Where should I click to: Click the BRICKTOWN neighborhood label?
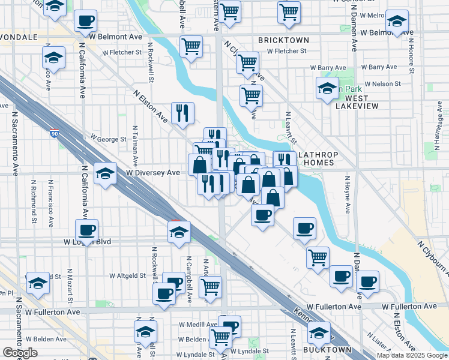click(x=283, y=40)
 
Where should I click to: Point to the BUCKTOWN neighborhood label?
click(x=327, y=349)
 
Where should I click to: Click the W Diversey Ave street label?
click(x=153, y=173)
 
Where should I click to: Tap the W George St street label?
click(x=109, y=139)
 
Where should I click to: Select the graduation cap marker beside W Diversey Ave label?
click(x=105, y=173)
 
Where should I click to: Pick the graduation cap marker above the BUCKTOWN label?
click(x=319, y=331)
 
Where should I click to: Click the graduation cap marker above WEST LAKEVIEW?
click(x=327, y=88)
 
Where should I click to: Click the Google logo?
click(x=20, y=353)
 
